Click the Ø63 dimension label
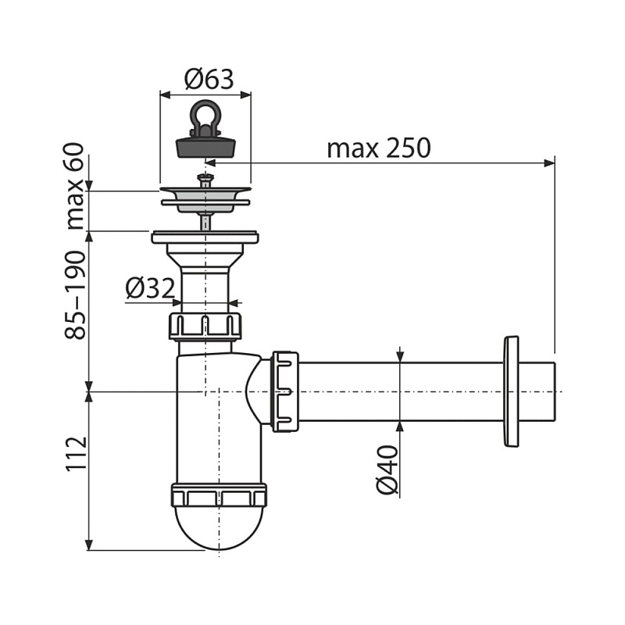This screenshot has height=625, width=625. (209, 79)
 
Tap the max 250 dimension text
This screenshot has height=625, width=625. (379, 148)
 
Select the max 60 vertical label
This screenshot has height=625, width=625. (75, 186)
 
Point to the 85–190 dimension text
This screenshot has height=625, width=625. (75, 295)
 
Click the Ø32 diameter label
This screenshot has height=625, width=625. (150, 287)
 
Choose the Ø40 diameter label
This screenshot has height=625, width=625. (387, 470)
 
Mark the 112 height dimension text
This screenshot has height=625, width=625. (75, 454)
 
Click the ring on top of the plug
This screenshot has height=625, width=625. (205, 112)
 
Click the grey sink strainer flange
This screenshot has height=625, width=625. (205, 198)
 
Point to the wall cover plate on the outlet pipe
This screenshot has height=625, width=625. (512, 391)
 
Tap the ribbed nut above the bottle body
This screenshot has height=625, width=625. (205, 327)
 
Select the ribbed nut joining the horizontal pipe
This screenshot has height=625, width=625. (284, 392)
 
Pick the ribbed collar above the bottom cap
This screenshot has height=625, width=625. (219, 495)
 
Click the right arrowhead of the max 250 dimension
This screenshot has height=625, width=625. (550, 162)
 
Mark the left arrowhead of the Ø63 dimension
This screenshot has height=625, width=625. (165, 95)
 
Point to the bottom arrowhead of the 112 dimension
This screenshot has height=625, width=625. (89, 545)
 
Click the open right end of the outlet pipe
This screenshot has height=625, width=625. (554, 391)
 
